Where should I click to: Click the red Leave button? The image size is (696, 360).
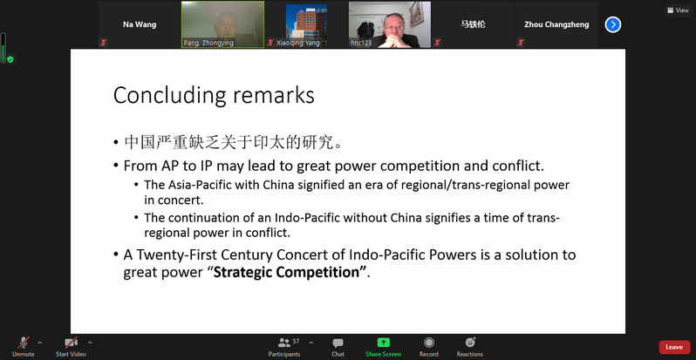click(674, 347)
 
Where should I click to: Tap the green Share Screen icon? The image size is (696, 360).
click(383, 343)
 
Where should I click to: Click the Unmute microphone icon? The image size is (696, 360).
click(23, 343)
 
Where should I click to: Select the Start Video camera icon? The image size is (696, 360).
click(71, 343)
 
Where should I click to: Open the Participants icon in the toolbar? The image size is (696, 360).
click(284, 343)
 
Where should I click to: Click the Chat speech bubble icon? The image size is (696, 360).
click(338, 343)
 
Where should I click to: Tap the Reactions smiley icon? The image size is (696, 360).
click(470, 342)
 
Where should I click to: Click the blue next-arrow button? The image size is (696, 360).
click(613, 24)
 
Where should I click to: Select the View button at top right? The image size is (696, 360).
click(678, 10)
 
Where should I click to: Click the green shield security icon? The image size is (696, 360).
click(10, 59)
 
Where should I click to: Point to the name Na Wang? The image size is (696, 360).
click(140, 24)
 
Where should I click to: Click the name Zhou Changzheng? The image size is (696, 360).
click(556, 24)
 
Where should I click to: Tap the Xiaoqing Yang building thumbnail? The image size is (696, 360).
click(306, 21)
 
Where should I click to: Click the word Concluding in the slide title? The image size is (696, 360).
click(167, 96)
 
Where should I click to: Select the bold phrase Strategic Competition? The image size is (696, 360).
click(286, 272)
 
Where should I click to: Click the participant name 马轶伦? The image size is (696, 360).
click(473, 24)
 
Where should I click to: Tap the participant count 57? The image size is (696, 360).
click(296, 342)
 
